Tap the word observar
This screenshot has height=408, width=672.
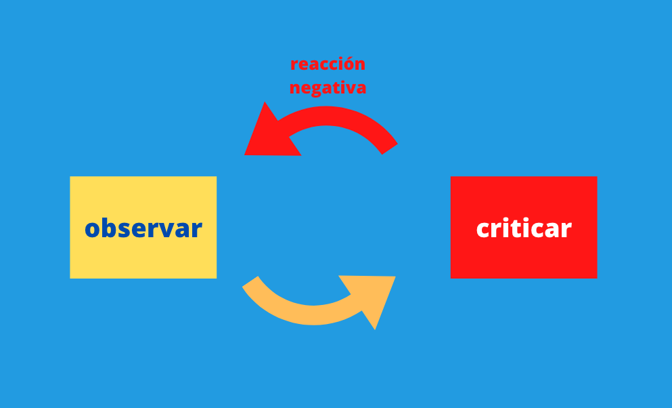[143, 228]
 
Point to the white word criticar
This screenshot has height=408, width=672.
[523, 228]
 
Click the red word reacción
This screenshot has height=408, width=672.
[328, 64]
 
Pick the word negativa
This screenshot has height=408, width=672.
[328, 88]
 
